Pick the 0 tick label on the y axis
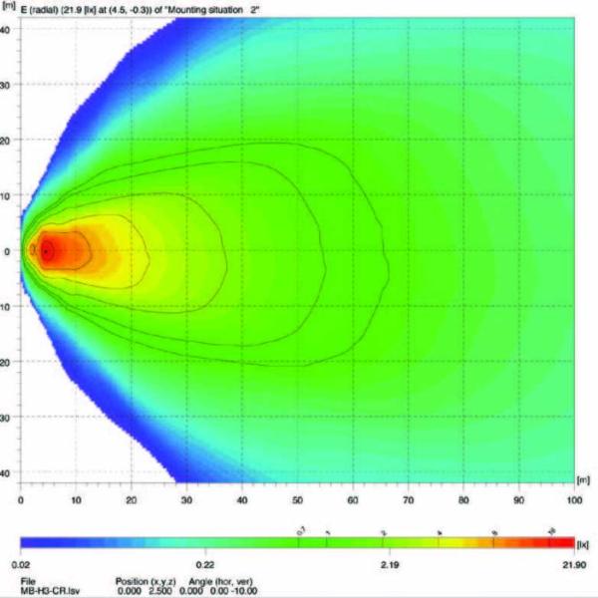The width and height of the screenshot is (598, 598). [7, 251]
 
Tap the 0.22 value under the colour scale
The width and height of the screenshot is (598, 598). [205, 564]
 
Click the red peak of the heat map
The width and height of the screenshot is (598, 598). [46, 251]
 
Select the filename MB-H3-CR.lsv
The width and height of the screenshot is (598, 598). [46, 589]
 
